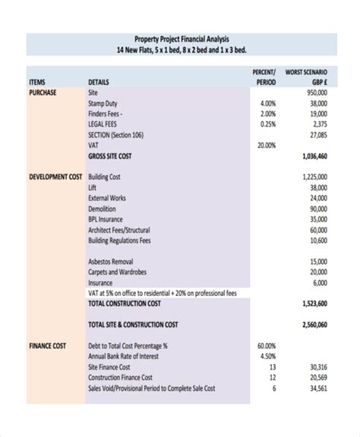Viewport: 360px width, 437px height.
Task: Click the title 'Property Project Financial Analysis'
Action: click(180, 39)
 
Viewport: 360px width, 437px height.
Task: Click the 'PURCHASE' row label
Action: click(43, 92)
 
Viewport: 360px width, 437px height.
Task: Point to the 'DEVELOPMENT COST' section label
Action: click(55, 176)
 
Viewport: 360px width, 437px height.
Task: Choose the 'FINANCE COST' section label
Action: click(47, 345)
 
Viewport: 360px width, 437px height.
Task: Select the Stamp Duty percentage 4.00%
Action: click(267, 103)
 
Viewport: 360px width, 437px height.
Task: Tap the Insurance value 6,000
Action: click(319, 282)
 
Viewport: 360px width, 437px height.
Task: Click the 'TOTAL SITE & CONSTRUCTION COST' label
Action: click(133, 325)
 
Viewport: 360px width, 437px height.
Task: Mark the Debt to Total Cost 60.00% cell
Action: click(266, 345)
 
